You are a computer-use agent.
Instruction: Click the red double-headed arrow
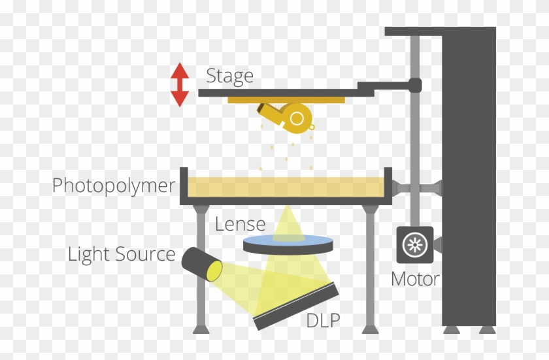point(180,84)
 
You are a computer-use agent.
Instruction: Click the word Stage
point(229,76)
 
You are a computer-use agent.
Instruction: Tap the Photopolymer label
point(114,186)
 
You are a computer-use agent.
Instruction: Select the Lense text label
point(241,224)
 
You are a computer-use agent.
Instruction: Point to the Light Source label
point(122,254)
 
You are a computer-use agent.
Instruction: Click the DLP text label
point(323,320)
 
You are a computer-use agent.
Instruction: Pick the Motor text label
point(414,279)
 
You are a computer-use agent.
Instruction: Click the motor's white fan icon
point(414,245)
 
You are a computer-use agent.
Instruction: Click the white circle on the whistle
point(297,118)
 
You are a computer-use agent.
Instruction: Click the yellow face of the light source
point(214,270)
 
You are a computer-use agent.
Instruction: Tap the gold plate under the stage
point(286,100)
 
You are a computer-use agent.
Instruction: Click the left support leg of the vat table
point(200,268)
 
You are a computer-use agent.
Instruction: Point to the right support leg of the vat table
point(370,268)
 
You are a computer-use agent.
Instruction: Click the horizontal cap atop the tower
point(440,31)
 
